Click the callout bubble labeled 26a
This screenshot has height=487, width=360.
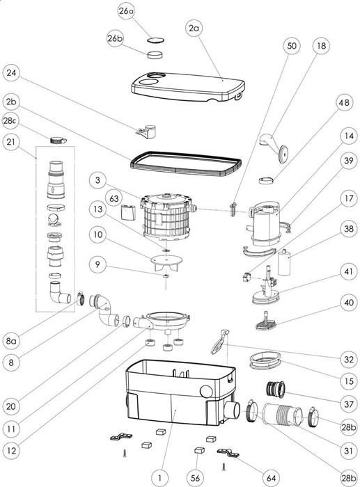(x=126, y=11)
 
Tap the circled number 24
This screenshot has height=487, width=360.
(x=13, y=72)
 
